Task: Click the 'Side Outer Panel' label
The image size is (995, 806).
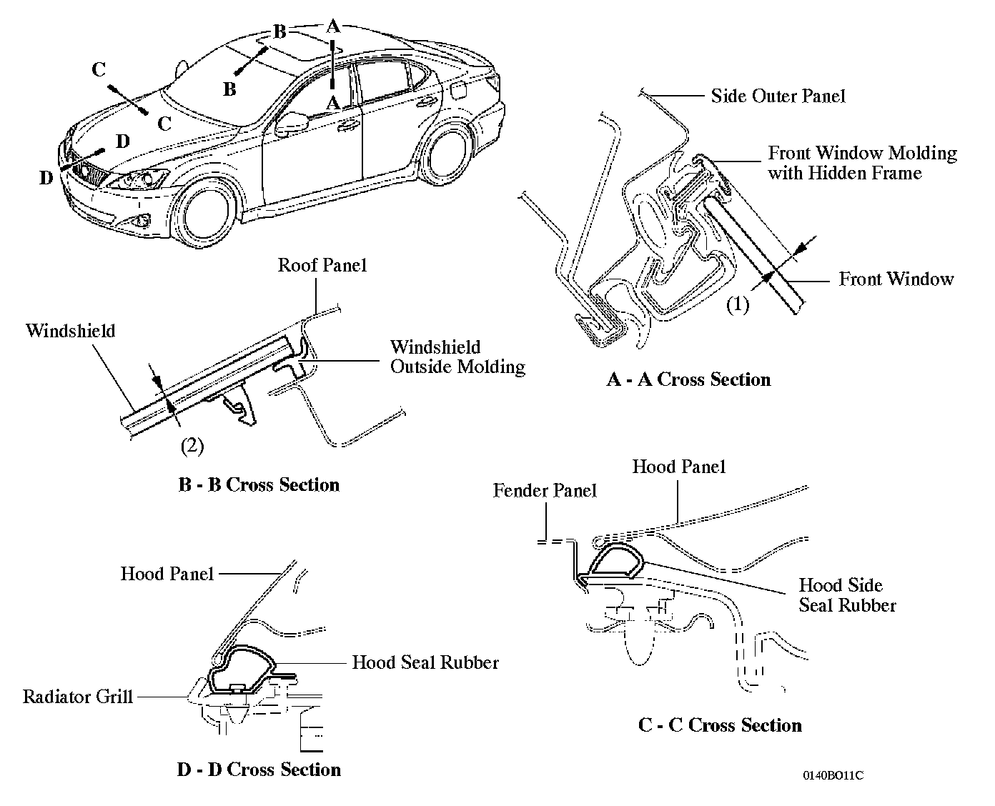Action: pos(778,96)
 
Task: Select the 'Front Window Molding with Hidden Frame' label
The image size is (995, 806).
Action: pos(862,162)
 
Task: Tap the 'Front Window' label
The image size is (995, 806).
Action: pos(896,279)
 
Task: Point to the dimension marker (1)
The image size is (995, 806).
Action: pos(738,305)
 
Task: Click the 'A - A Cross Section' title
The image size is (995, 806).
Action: pos(688,379)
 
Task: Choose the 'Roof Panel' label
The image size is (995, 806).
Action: pos(322,265)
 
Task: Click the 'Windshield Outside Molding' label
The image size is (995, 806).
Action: pos(457,357)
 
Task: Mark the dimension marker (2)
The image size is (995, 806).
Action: pos(192,447)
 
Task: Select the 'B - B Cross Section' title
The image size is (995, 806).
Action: pos(259,484)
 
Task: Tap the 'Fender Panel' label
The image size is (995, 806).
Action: pos(545,491)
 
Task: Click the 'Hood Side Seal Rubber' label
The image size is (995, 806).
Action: pos(847,595)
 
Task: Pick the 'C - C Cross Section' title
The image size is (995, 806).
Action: pos(720,725)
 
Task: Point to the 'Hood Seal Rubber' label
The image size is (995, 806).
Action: pos(425,662)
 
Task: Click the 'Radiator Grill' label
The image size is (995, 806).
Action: pos(78,697)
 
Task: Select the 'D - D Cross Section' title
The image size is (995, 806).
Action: pos(259,770)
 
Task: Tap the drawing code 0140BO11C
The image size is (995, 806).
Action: pos(833,776)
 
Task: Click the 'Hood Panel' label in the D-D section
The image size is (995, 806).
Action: pos(167,574)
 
